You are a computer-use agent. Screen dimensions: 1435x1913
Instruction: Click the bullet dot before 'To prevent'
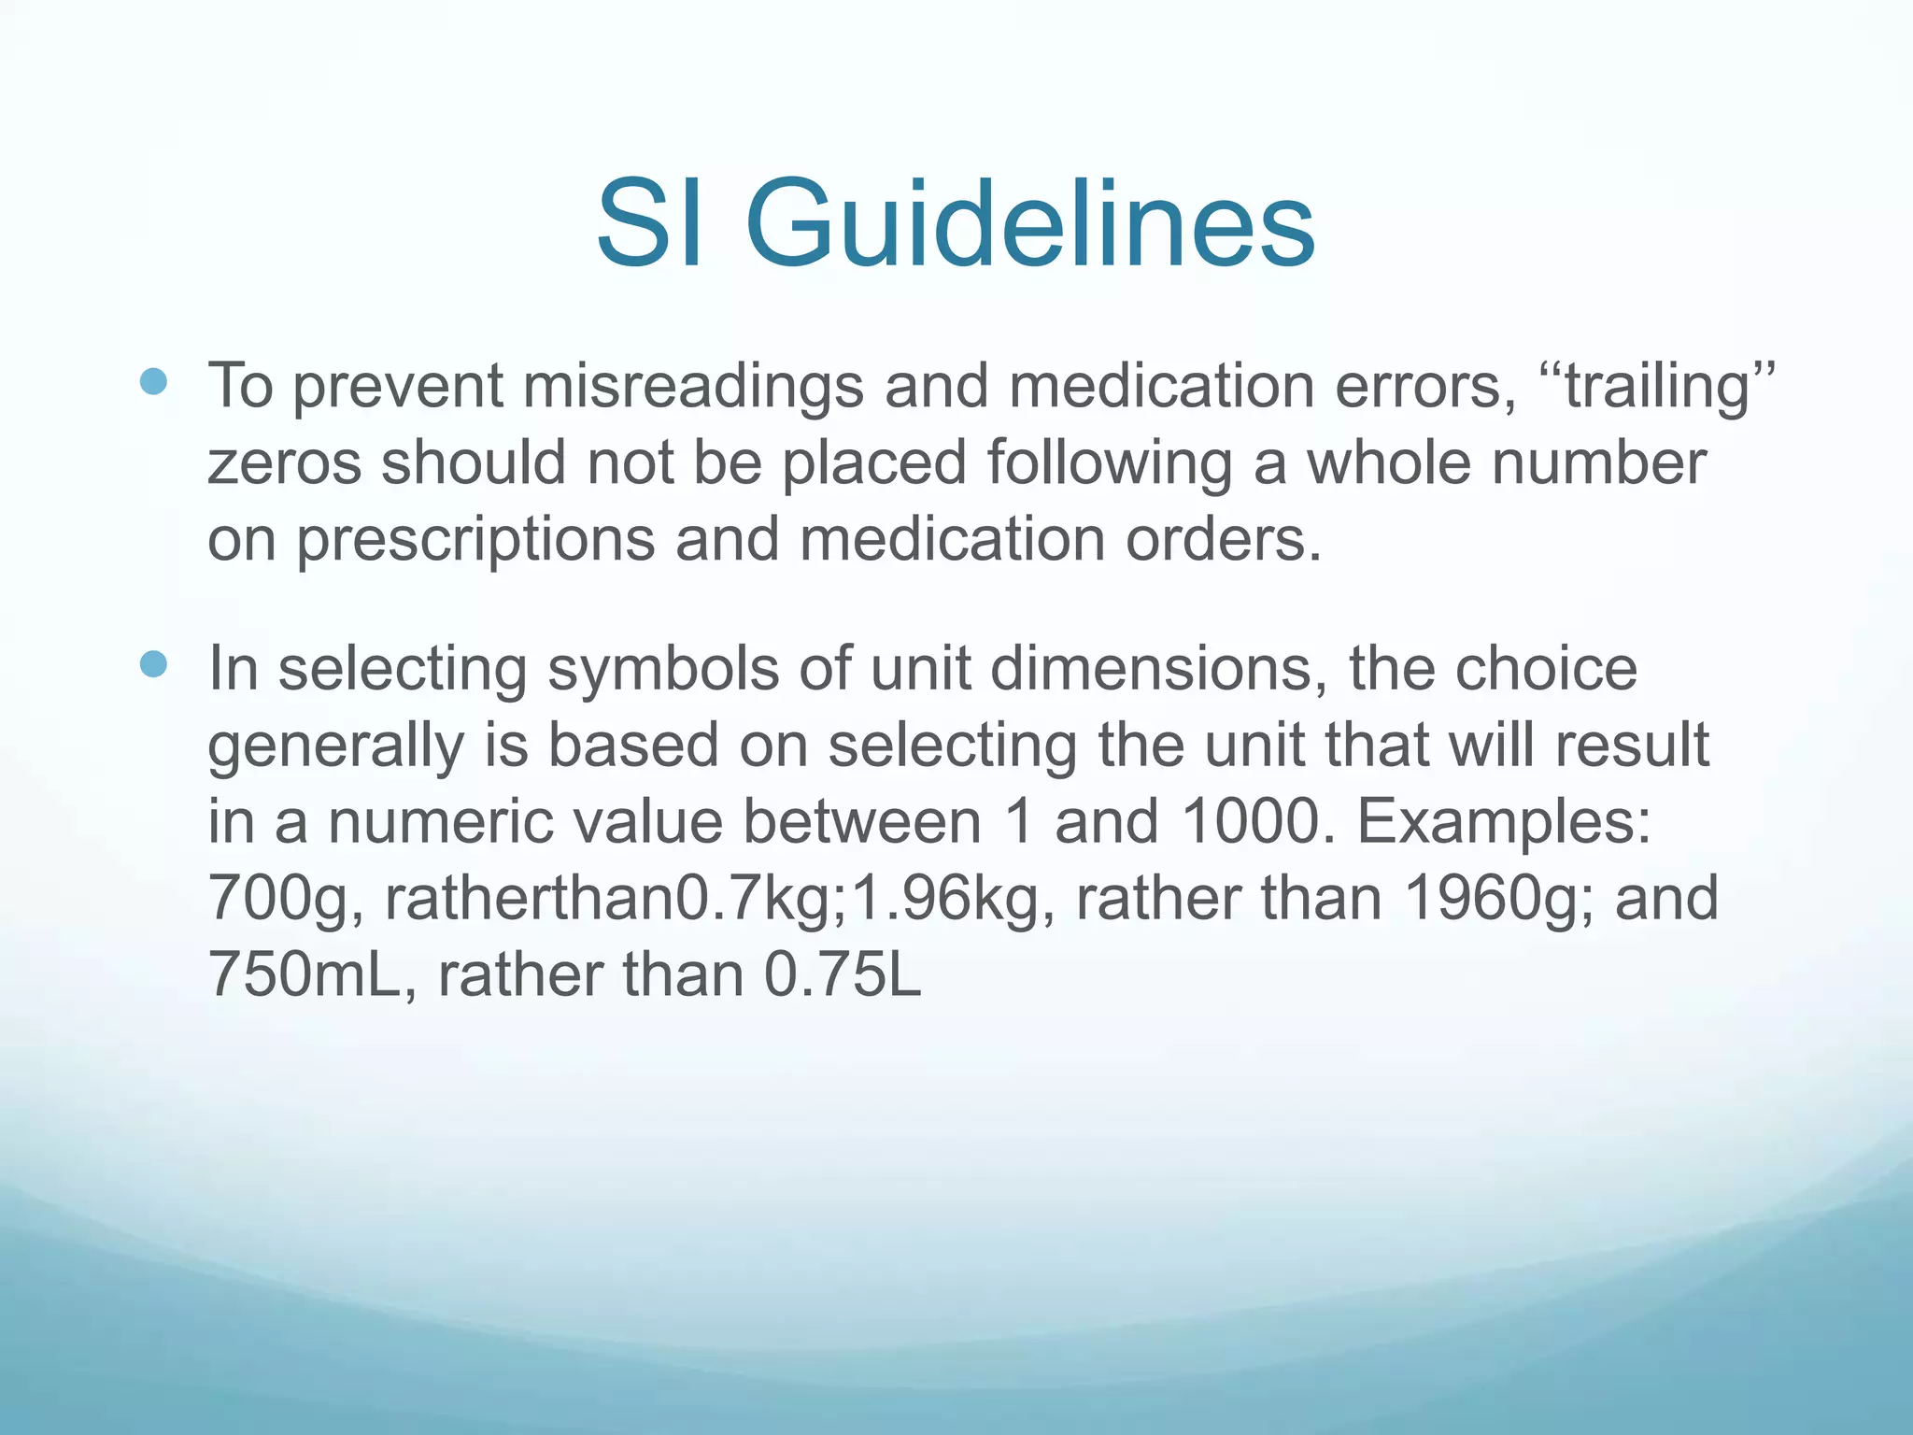153,381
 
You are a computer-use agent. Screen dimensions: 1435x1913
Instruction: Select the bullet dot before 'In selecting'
153,664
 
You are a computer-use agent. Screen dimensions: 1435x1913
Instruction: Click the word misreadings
692,387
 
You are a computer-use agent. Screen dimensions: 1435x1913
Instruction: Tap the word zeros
284,463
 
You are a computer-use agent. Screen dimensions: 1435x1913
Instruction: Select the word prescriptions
475,542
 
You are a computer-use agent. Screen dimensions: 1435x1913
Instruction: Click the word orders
1223,540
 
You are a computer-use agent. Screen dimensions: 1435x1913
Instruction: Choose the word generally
335,747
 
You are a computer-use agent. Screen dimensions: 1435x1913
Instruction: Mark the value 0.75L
843,976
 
